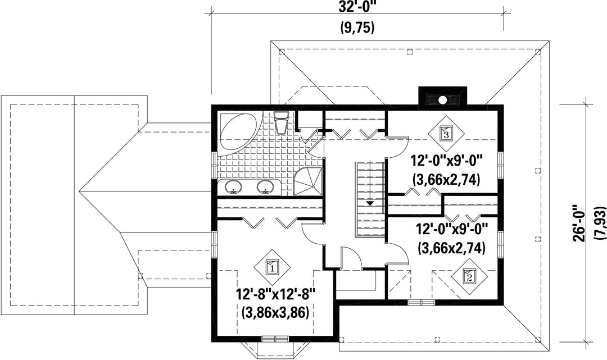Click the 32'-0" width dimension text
(357, 7)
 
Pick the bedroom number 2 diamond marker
(469, 276)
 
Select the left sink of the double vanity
(233, 187)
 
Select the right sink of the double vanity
(266, 187)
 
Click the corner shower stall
(307, 182)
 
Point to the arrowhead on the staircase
(370, 202)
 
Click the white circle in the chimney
(442, 100)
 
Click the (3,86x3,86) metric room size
(275, 312)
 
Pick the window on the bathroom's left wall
(214, 165)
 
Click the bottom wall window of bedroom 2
(421, 302)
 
